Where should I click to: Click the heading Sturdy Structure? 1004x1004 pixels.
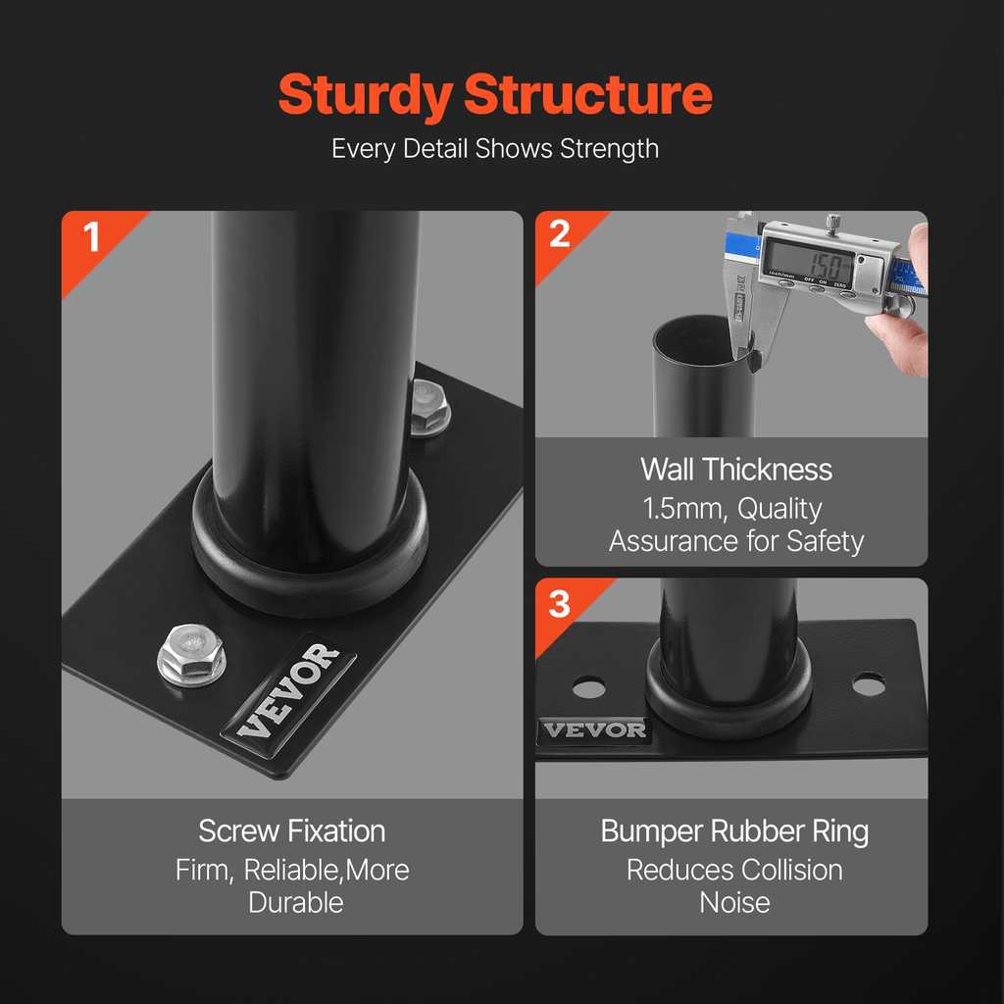point(495,95)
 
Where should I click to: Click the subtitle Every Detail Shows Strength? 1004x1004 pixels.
point(495,149)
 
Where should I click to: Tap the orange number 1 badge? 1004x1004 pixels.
point(92,237)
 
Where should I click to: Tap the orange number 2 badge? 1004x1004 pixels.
point(560,235)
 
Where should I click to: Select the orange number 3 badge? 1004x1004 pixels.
point(559,603)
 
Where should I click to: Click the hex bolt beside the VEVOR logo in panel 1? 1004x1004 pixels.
point(191,653)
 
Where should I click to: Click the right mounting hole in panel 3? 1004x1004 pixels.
point(869,683)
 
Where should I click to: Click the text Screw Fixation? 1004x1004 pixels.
point(292,831)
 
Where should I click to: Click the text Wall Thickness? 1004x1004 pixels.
point(736,470)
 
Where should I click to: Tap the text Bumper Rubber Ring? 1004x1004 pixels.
point(734,831)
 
